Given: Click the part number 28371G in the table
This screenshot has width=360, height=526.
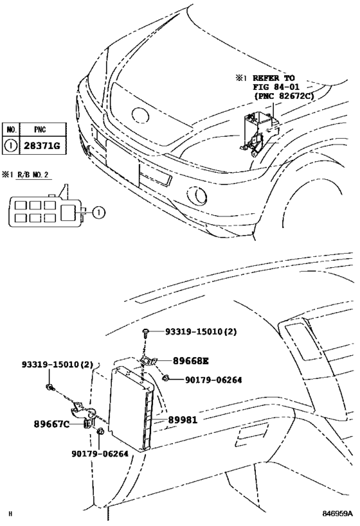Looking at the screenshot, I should coord(42,146).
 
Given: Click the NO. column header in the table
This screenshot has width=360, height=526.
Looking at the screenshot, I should coord(11,129).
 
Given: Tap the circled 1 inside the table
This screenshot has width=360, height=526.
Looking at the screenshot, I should coord(11,146).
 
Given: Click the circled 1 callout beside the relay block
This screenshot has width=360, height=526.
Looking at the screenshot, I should coord(96,211).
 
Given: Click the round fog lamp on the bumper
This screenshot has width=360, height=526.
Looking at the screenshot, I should coord(195,195).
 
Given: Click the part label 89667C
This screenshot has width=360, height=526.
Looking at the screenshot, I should coord(51,424).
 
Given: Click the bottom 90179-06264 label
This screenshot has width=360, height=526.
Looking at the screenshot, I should coord(100,453).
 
